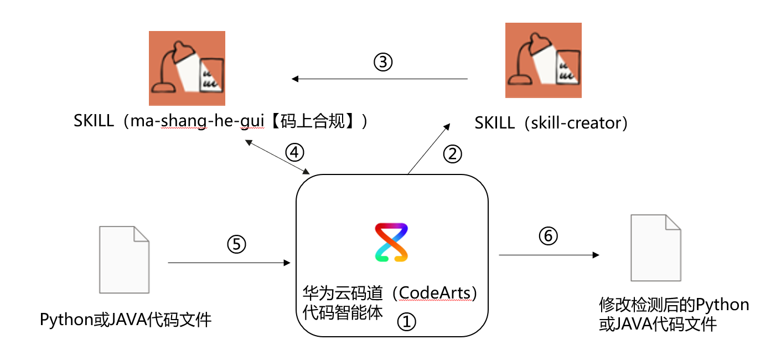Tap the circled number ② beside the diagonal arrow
pyautogui.click(x=452, y=154)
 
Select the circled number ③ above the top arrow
pyautogui.click(x=382, y=62)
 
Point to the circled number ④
pyautogui.click(x=294, y=151)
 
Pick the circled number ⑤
pyautogui.click(x=236, y=244)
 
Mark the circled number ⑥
pyautogui.click(x=549, y=236)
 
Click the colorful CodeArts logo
pyautogui.click(x=391, y=242)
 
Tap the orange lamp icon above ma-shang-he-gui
pyautogui.click(x=187, y=68)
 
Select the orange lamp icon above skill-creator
pyautogui.click(x=544, y=60)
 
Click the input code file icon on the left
pyautogui.click(x=124, y=259)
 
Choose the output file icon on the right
pyautogui.click(x=656, y=248)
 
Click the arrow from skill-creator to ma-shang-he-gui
pyautogui.click(x=380, y=79)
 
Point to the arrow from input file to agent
pyautogui.click(x=229, y=263)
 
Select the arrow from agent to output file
pyautogui.click(x=549, y=255)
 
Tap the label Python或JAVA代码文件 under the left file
pyautogui.click(x=126, y=320)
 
